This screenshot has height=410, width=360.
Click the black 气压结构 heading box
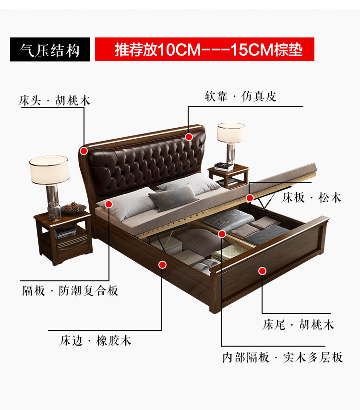pyautogui.click(x=50, y=50)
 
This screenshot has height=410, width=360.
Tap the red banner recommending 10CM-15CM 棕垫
pyautogui.click(x=204, y=49)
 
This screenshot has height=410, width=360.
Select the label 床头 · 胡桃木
pyautogui.click(x=54, y=101)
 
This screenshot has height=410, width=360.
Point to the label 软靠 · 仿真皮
pyautogui.click(x=240, y=96)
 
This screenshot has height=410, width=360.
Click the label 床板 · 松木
pyautogui.click(x=311, y=197)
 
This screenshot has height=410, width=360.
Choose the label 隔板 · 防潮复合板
pyautogui.click(x=70, y=290)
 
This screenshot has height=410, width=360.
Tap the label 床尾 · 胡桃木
pyautogui.click(x=298, y=325)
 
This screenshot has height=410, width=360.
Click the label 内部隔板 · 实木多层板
pyautogui.click(x=282, y=357)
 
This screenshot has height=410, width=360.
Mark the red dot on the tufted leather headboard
pyautogui.click(x=189, y=137)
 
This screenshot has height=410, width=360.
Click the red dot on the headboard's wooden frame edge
pyautogui.click(x=84, y=151)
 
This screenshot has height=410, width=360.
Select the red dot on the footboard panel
pyautogui.click(x=262, y=271)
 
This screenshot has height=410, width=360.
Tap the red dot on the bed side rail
pyautogui.click(x=162, y=264)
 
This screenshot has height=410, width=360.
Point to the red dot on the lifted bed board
pyautogui.click(x=250, y=197)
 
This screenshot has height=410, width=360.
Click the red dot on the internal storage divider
pyautogui.click(x=222, y=234)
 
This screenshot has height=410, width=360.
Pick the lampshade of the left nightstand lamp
pyautogui.click(x=48, y=169)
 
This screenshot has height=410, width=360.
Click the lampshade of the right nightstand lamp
pyautogui.click(x=231, y=133)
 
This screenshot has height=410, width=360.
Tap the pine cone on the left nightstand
pyautogui.click(x=72, y=207)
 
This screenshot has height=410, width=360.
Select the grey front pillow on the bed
pyautogui.click(x=174, y=197)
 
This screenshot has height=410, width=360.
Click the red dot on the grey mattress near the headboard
pyautogui.click(x=108, y=204)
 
